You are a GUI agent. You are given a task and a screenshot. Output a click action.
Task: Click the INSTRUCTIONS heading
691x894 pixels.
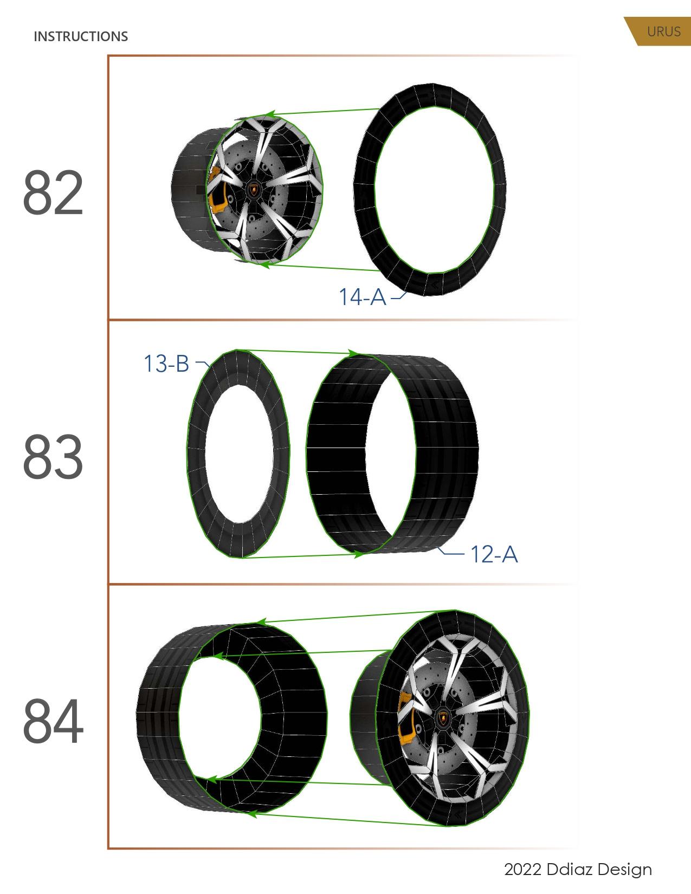pos(81,36)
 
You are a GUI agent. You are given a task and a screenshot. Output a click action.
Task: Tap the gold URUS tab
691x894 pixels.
pos(663,31)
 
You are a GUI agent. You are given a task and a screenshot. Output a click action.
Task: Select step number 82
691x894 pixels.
pos(53,193)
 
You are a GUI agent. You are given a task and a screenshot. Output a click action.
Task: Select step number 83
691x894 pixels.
pos(53,457)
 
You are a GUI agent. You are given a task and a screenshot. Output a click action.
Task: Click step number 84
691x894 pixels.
pos(53,722)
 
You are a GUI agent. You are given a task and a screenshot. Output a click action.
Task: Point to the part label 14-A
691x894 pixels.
pos(362,297)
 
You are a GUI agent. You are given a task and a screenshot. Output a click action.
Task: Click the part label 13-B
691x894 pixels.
pos(166,364)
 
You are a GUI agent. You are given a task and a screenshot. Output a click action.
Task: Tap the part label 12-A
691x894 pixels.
pos(494,554)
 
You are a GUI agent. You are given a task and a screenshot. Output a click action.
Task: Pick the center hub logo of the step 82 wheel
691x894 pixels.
pos(254,189)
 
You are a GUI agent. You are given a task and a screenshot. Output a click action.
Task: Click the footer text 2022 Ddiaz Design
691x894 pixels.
pos(578,870)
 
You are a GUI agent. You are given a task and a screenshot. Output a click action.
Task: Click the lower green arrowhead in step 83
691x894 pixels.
pos(357,554)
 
